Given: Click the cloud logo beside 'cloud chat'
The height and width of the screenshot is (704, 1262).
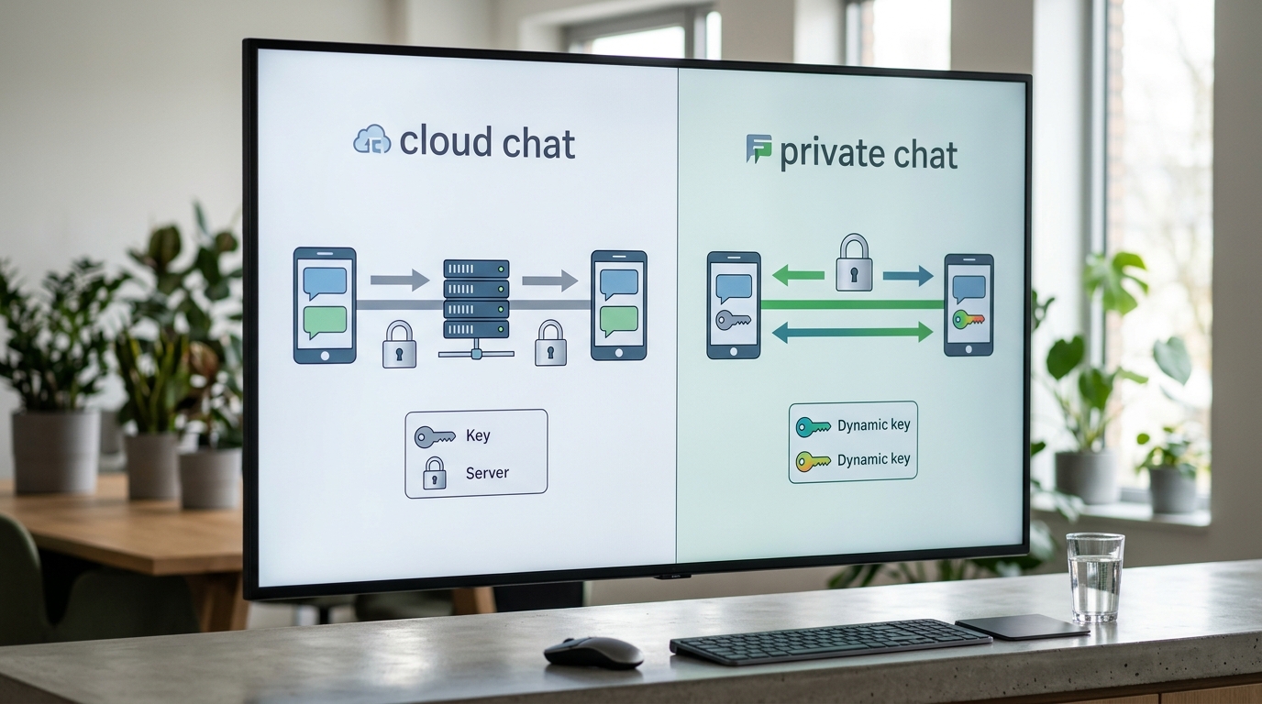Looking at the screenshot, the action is click(x=371, y=139).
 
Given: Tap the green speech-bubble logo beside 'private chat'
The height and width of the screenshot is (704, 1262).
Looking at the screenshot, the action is click(x=758, y=148).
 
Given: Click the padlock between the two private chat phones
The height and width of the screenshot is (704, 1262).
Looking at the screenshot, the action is click(x=854, y=262).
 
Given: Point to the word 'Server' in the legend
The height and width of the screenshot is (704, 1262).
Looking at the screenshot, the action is click(x=487, y=472).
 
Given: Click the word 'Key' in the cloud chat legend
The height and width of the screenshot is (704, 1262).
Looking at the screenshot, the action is click(x=478, y=435).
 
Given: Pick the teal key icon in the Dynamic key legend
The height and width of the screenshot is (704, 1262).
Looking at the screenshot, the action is click(x=813, y=427).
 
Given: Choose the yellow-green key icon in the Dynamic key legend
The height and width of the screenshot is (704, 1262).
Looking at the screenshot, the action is click(x=813, y=461).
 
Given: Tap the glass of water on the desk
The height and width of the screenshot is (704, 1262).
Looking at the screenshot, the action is click(x=1095, y=577).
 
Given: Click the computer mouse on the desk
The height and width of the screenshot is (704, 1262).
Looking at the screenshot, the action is click(x=593, y=653).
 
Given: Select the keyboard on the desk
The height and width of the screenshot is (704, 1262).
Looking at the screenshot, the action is click(x=830, y=642).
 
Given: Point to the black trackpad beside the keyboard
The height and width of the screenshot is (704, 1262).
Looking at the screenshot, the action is click(x=1022, y=627).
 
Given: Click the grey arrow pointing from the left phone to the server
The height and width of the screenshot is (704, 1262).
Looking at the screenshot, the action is click(x=400, y=280).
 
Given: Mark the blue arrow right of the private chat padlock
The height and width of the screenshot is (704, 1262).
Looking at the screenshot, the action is click(x=908, y=276).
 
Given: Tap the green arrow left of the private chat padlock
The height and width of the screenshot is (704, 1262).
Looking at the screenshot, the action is click(x=798, y=275).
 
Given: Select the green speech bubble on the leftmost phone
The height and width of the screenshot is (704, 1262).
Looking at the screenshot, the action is click(x=325, y=322).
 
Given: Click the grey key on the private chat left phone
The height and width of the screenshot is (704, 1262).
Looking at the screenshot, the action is click(x=733, y=320).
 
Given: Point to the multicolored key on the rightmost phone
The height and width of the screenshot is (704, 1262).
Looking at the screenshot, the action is click(x=968, y=319).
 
